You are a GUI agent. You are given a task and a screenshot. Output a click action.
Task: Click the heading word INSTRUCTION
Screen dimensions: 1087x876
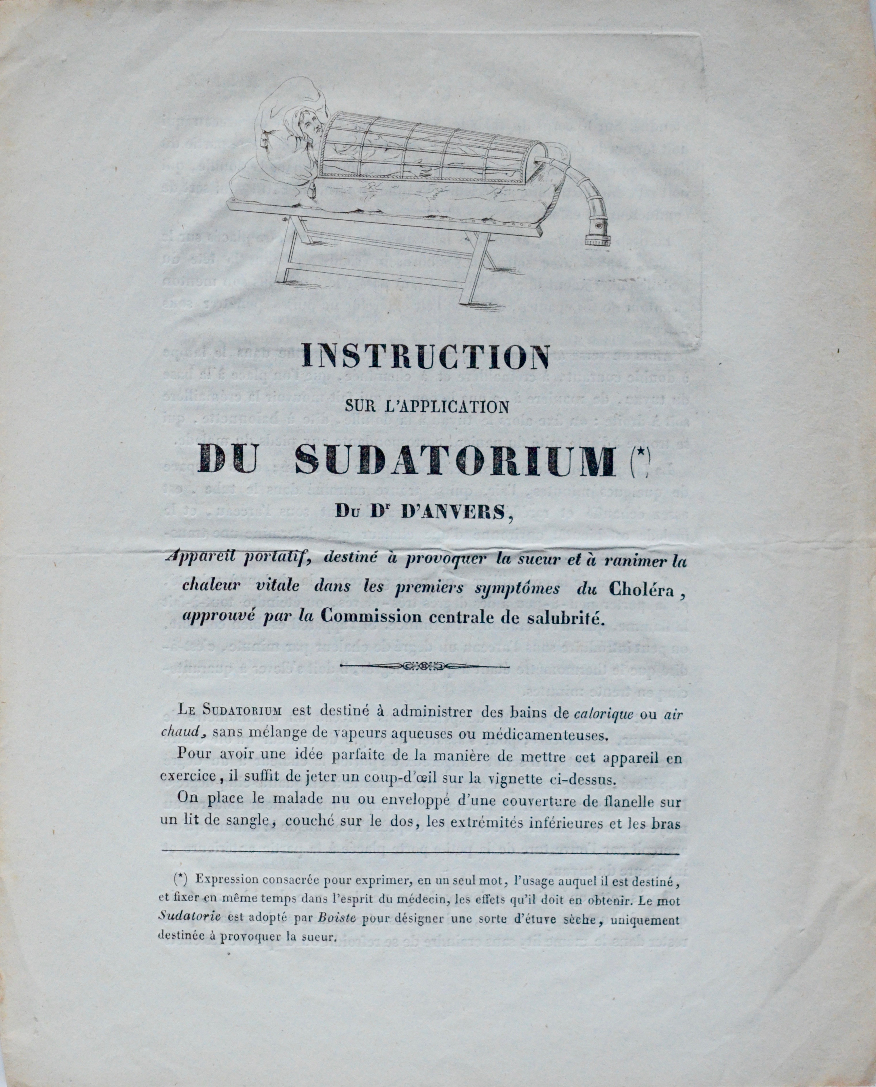pos(425,357)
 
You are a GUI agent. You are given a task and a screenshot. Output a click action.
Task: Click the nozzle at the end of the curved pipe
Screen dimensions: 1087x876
pos(598,234)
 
